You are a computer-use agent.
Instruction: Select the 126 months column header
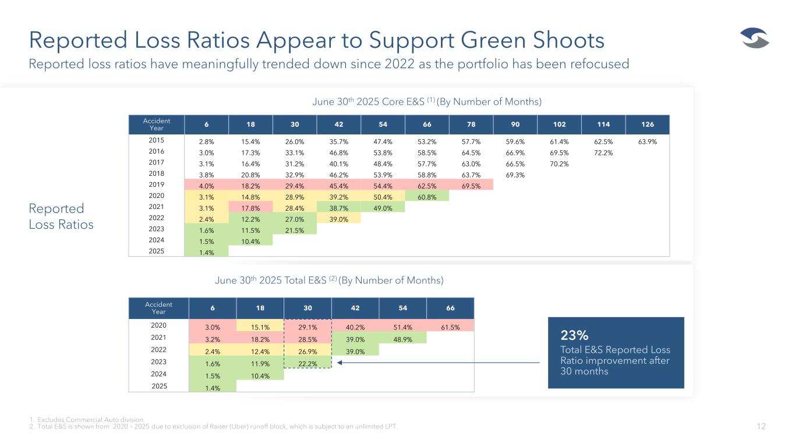[x=647, y=125]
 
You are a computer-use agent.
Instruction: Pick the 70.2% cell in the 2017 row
[x=559, y=163]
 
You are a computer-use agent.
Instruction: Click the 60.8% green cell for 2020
[x=426, y=196]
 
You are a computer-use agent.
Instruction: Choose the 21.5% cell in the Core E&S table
[x=294, y=230]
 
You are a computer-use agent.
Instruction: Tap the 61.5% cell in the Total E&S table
[x=450, y=328]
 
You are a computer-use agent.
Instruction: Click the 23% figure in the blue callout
[x=574, y=335]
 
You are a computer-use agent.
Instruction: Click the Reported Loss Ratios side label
[x=61, y=216]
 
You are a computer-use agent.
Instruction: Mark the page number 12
[x=761, y=427]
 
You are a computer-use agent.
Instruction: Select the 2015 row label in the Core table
[x=157, y=140]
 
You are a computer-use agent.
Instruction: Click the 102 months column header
[x=559, y=125]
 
